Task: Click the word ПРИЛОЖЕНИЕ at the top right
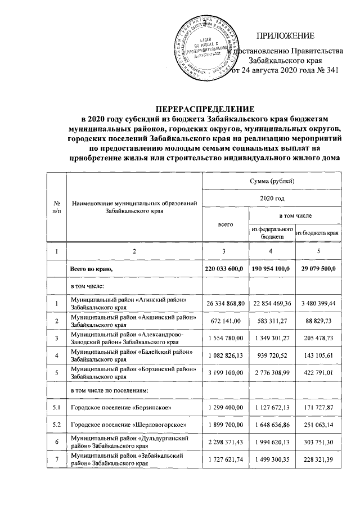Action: (x=285, y=37)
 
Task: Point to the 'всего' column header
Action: (x=225, y=224)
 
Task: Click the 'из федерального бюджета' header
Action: (x=272, y=233)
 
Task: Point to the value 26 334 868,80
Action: (x=225, y=304)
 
